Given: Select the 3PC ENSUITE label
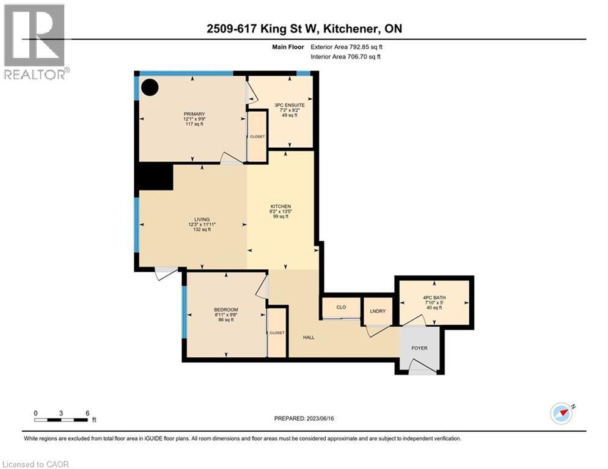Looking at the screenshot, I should tap(289, 105).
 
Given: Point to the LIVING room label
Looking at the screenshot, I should tap(202, 219).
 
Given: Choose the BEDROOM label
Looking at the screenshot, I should tap(225, 310).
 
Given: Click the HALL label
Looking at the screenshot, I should tap(309, 337).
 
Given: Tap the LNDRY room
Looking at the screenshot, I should tap(378, 311).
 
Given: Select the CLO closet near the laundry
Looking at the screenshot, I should tap(341, 307).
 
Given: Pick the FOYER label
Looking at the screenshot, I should tap(419, 348).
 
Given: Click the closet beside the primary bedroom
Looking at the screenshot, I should tap(257, 137).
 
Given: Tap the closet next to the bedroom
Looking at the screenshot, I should tap(277, 333).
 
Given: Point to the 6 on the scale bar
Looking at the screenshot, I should tap(87, 413).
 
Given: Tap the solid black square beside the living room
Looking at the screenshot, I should tap(154, 177).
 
